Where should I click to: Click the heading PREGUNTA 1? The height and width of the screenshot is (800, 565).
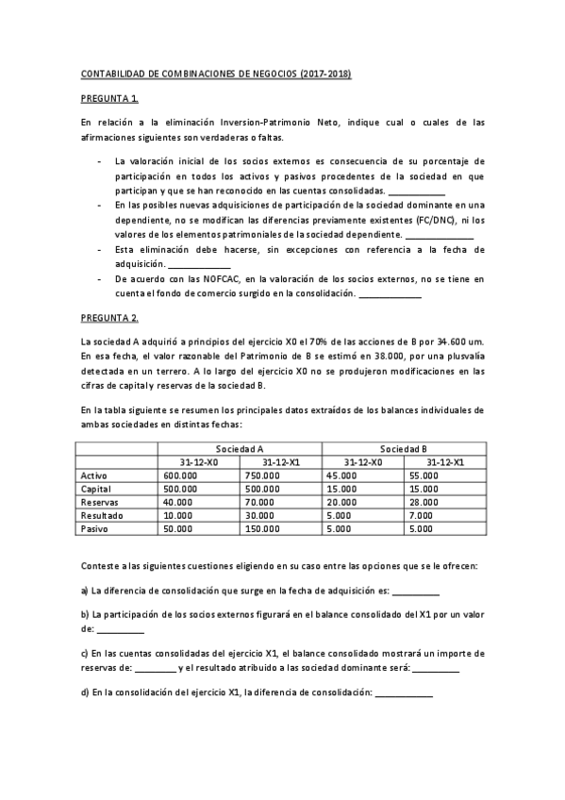pos(109,98)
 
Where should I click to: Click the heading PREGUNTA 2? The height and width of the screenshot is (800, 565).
pos(109,318)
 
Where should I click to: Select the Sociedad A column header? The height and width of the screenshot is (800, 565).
pos(240,449)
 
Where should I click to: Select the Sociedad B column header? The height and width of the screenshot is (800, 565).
pos(404,449)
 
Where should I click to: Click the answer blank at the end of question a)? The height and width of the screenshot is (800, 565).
pos(415,592)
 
